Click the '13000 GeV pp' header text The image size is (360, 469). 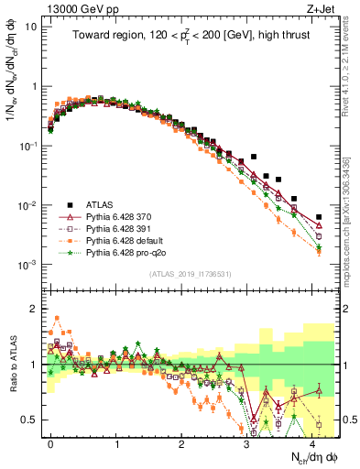pos(73,7)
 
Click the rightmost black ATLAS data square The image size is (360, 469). pos(319,217)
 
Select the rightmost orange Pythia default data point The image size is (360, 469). pos(319,252)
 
